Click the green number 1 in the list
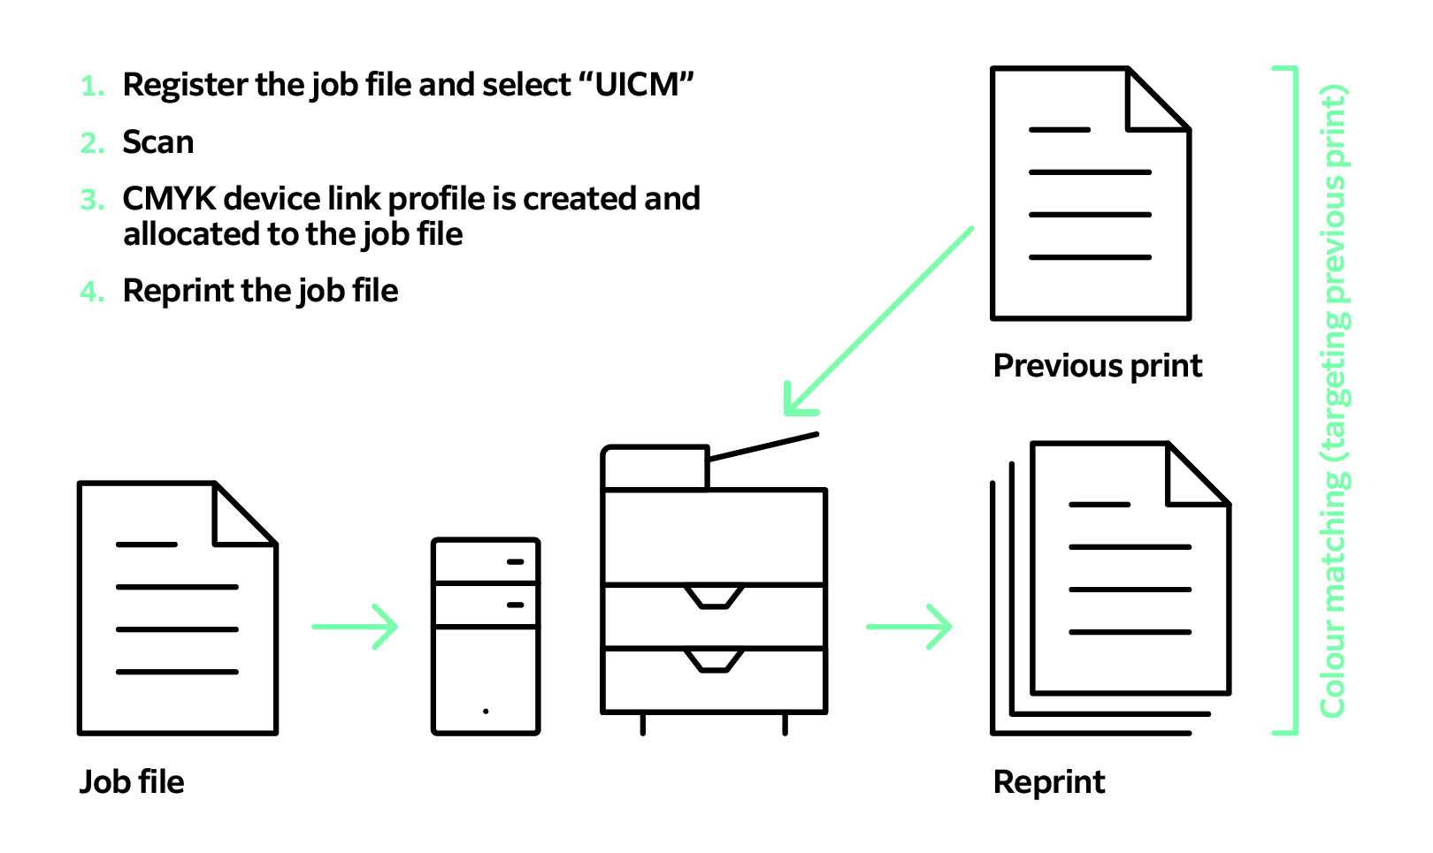[92, 87]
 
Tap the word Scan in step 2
[157, 142]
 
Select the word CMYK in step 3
[169, 199]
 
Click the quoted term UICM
[636, 85]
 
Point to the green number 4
[92, 292]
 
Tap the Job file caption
[132, 782]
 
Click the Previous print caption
[1097, 366]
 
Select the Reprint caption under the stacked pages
[1049, 782]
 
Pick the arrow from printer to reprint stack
[909, 627]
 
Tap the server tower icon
[486, 636]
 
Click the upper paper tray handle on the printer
[714, 598]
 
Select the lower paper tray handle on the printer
[714, 661]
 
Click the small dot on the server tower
[486, 711]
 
